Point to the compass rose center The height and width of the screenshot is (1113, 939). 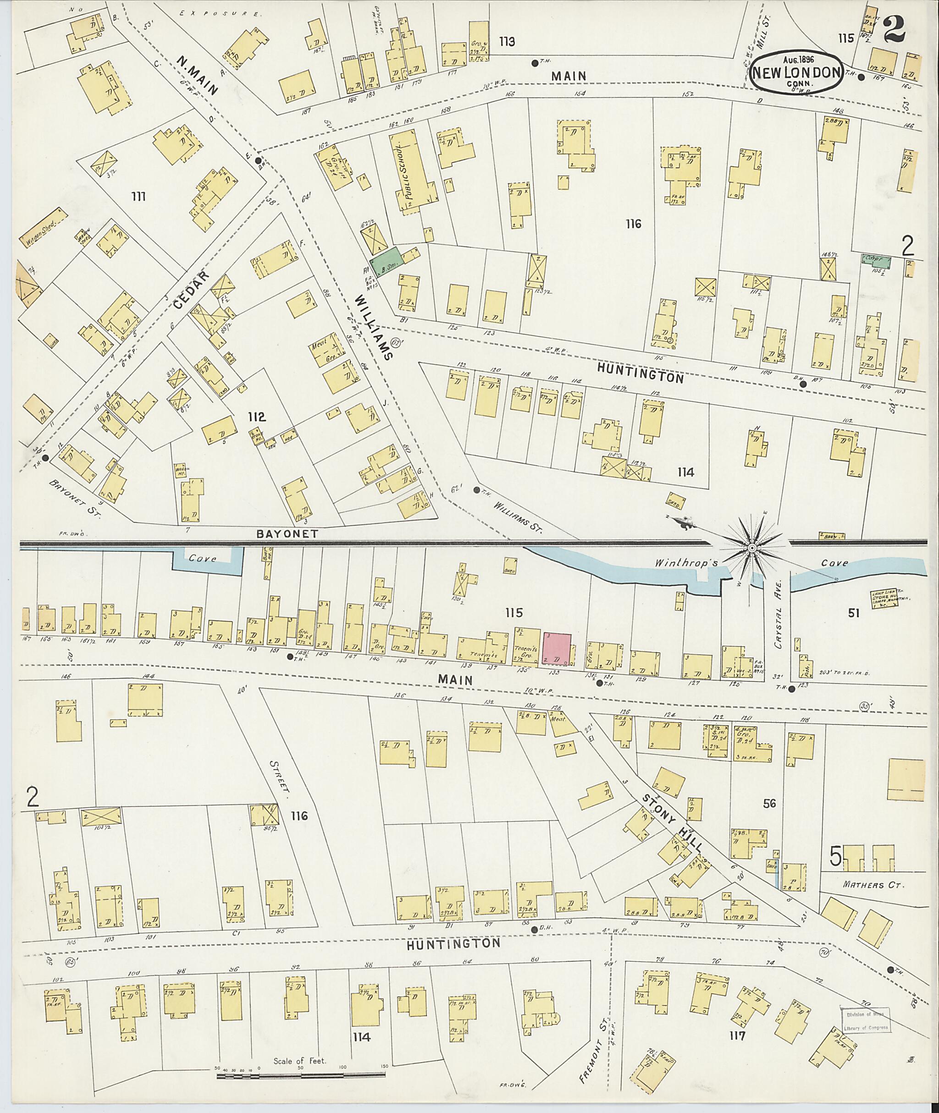coord(751,548)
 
